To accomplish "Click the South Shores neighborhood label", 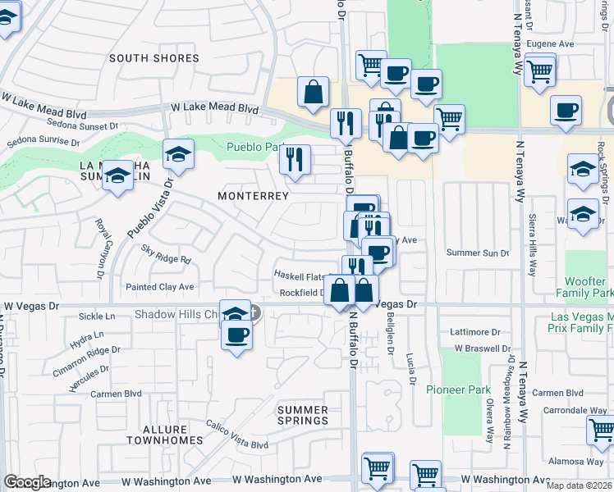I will click(154, 58).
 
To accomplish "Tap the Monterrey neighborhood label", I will click(253, 196).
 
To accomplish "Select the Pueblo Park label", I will click(252, 147).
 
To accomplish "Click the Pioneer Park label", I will click(458, 389).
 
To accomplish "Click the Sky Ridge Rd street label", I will click(165, 254).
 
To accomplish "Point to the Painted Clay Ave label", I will click(159, 287).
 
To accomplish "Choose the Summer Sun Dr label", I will click(478, 253).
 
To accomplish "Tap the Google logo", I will click(27, 482).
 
